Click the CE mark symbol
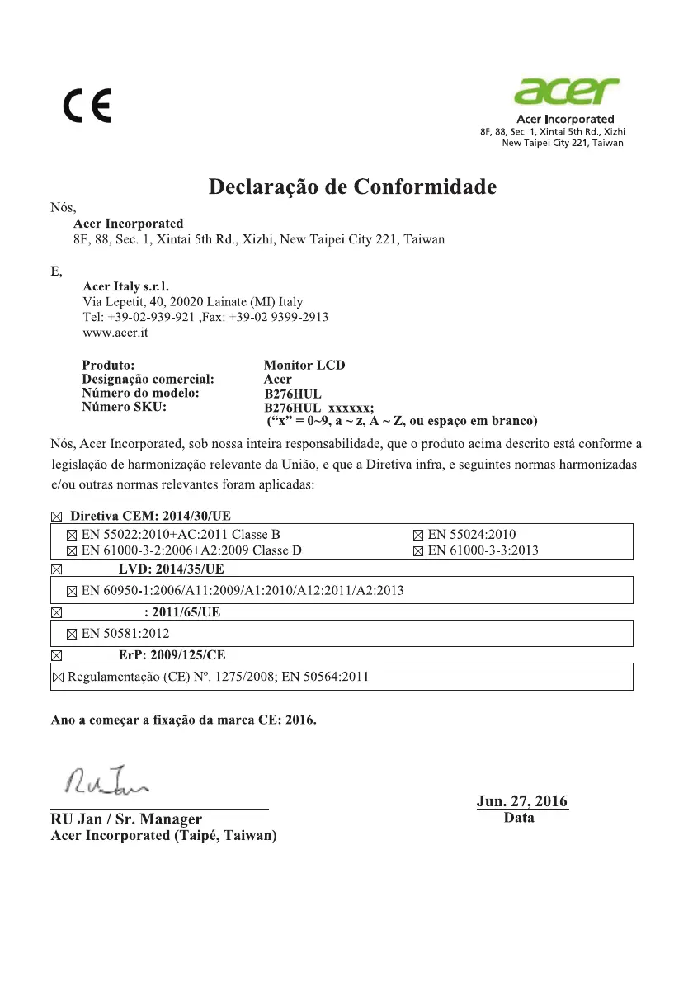point(87,106)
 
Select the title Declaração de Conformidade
point(353,187)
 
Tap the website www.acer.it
point(116,334)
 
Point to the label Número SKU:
point(124,407)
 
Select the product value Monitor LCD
point(304,365)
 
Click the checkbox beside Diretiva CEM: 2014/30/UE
point(57,516)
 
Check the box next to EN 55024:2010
point(417,535)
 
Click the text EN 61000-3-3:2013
point(483,550)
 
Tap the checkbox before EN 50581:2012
point(72,635)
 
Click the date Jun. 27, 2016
point(522,801)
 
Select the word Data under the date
point(519,818)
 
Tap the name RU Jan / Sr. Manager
point(126,819)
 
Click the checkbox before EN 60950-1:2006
point(72,591)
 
